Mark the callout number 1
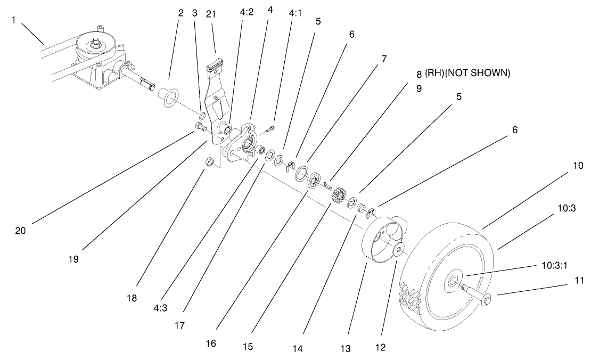13,20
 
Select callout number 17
179,324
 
